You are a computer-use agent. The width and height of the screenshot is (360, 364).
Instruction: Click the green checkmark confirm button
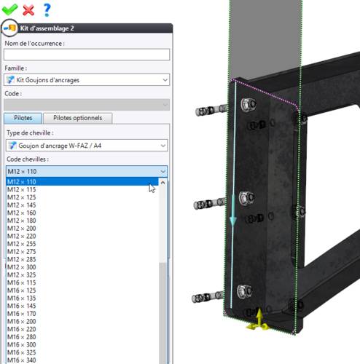pos(9,9)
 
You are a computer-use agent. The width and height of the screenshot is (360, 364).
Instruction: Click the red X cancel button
pos(28,10)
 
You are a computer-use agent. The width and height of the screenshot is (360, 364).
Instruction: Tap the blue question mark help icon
pos(47,9)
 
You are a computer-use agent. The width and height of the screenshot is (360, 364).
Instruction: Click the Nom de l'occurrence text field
pos(87,55)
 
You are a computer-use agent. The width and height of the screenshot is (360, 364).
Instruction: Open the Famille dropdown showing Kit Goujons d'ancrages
pos(87,80)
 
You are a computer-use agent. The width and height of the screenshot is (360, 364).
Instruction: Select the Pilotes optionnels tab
pos(77,118)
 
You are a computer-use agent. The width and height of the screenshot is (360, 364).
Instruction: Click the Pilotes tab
pos(23,118)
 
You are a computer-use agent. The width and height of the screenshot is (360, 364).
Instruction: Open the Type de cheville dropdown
pos(87,146)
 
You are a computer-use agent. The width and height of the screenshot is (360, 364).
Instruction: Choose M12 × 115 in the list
pos(22,189)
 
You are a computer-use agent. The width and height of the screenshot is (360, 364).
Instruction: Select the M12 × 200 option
pos(22,229)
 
